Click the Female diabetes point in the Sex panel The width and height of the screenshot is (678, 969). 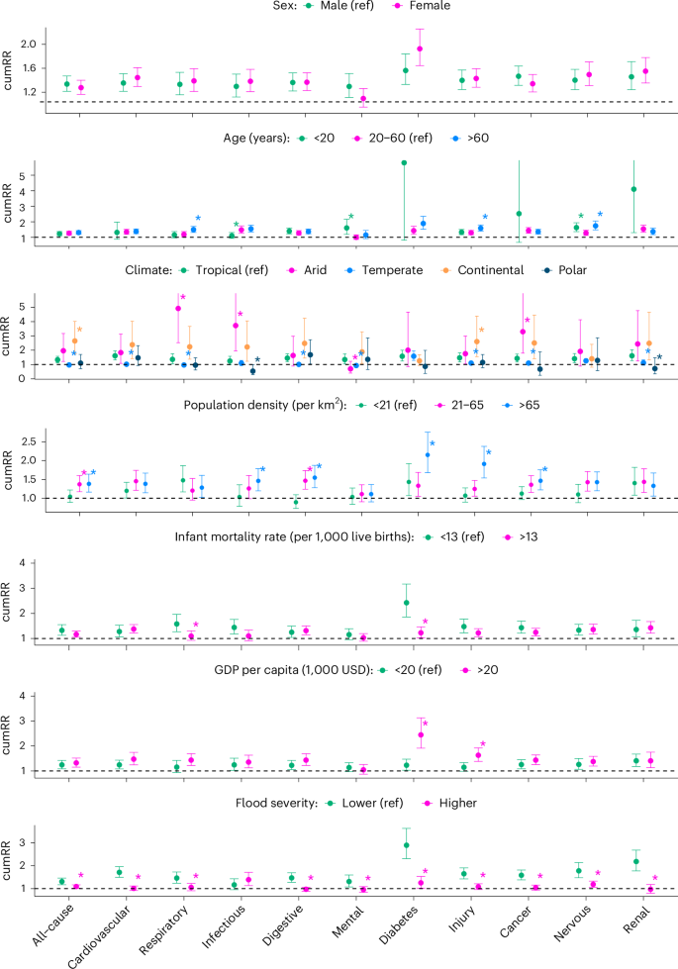click(x=421, y=48)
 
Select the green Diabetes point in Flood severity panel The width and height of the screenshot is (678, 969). click(x=406, y=845)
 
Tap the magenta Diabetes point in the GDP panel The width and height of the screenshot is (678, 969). click(x=421, y=735)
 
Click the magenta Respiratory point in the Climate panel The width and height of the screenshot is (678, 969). click(x=178, y=309)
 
